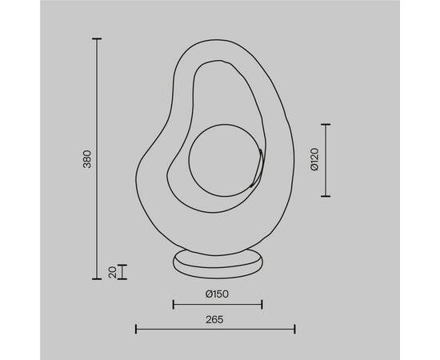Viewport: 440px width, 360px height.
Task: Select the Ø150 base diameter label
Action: point(218,294)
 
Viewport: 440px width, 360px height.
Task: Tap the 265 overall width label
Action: point(214,318)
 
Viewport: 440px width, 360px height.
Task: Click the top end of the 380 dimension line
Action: point(97,38)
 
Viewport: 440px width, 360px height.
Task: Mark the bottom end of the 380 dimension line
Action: point(97,278)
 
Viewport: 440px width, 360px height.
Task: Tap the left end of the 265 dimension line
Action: point(135,328)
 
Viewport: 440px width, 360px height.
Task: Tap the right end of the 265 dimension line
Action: point(295,328)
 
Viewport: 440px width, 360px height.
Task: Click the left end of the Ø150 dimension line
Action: point(173,304)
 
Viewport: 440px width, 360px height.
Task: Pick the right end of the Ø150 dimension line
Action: point(262,304)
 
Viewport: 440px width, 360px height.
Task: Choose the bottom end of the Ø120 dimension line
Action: point(325,196)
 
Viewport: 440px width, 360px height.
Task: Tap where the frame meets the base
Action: point(217,249)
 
